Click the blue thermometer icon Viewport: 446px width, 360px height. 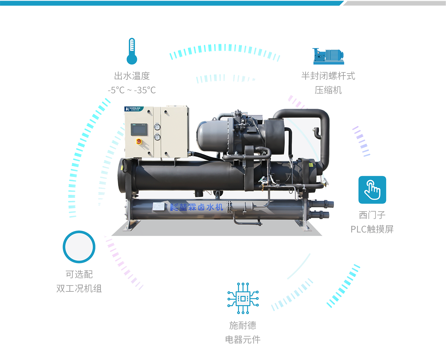pos(132,51)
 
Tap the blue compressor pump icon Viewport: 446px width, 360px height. pos(328,56)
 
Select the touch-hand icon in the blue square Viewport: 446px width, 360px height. pos(372,190)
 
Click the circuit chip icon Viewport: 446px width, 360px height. pos(243,298)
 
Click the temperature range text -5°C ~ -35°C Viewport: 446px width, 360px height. pos(132,90)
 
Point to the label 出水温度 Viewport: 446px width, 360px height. pos(132,76)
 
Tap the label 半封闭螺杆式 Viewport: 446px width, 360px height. pos(328,76)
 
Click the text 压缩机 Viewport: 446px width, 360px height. pos(328,90)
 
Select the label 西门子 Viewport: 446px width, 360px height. pos(372,215)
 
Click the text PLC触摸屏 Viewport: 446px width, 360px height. pos(372,229)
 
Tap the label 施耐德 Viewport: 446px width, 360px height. pos(243,325)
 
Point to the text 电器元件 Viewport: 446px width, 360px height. pos(243,340)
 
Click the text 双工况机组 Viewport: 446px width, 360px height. pos(79,289)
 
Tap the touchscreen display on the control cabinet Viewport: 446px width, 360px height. pos(139,129)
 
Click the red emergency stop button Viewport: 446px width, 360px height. pos(139,142)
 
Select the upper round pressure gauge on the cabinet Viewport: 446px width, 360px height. pos(157,127)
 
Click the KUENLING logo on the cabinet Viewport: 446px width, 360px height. pos(134,109)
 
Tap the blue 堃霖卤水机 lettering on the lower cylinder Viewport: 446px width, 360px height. pos(197,207)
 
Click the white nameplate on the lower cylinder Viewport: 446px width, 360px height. pos(159,206)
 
